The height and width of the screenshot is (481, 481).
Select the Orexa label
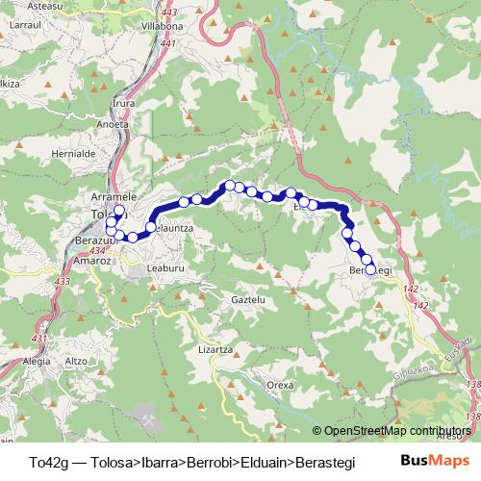pyautogui.click(x=280, y=384)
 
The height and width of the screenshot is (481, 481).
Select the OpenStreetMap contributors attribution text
pyautogui.click(x=396, y=430)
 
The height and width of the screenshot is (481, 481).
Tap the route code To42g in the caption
pyautogui.click(x=48, y=459)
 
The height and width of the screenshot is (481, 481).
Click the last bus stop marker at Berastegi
pyautogui.click(x=370, y=269)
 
